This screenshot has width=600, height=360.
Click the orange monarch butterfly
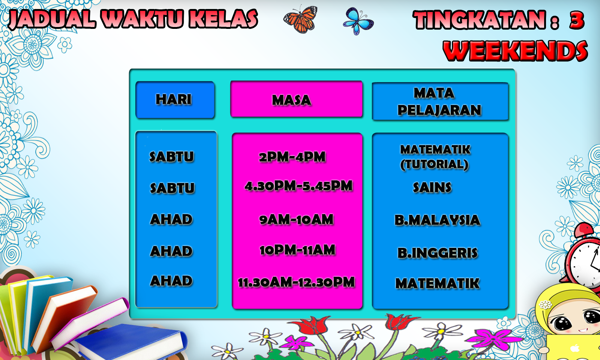pyautogui.click(x=300, y=19)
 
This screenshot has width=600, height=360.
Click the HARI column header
pyautogui.click(x=174, y=99)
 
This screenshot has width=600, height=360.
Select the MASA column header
pyautogui.click(x=291, y=100)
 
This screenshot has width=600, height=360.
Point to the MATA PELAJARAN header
pyautogui.click(x=439, y=102)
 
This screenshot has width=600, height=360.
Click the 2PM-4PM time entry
pyautogui.click(x=292, y=157)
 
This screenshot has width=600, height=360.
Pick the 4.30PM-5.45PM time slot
pyautogui.click(x=298, y=186)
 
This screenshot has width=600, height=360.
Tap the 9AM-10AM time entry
pyautogui.click(x=296, y=220)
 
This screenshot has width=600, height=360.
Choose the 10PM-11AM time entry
pyautogui.click(x=297, y=250)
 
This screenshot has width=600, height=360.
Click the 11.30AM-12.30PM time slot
pyautogui.click(x=296, y=282)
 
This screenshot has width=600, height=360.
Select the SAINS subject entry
pyautogui.click(x=432, y=187)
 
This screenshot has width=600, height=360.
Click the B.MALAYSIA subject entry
pyautogui.click(x=437, y=220)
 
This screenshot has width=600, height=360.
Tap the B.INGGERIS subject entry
pyautogui.click(x=437, y=253)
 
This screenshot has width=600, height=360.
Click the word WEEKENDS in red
pyautogui.click(x=516, y=51)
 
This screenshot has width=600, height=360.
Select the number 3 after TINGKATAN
pyautogui.click(x=577, y=20)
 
